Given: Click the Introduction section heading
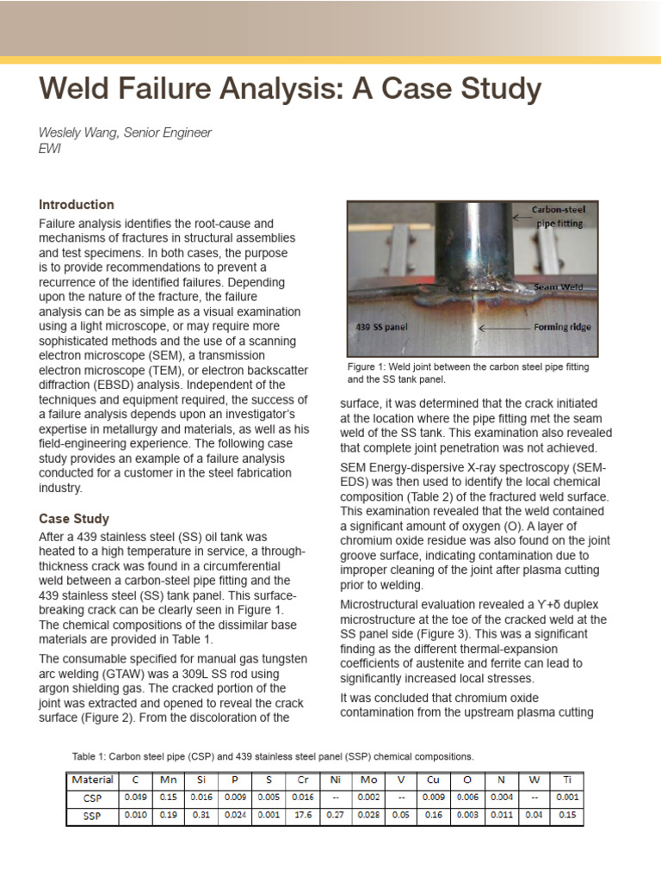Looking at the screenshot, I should pyautogui.click(x=77, y=205).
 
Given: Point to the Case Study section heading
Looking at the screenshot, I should pyautogui.click(x=74, y=519).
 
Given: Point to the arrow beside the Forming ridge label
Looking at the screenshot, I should pyautogui.click(x=503, y=328).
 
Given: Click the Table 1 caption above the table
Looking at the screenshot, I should pyautogui.click(x=272, y=756).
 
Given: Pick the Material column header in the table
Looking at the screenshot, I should pyautogui.click(x=92, y=781).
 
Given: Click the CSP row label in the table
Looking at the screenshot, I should pyautogui.click(x=92, y=798).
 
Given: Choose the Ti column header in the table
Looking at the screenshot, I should pyautogui.click(x=566, y=781).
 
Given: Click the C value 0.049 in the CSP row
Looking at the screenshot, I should pyautogui.click(x=134, y=798).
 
